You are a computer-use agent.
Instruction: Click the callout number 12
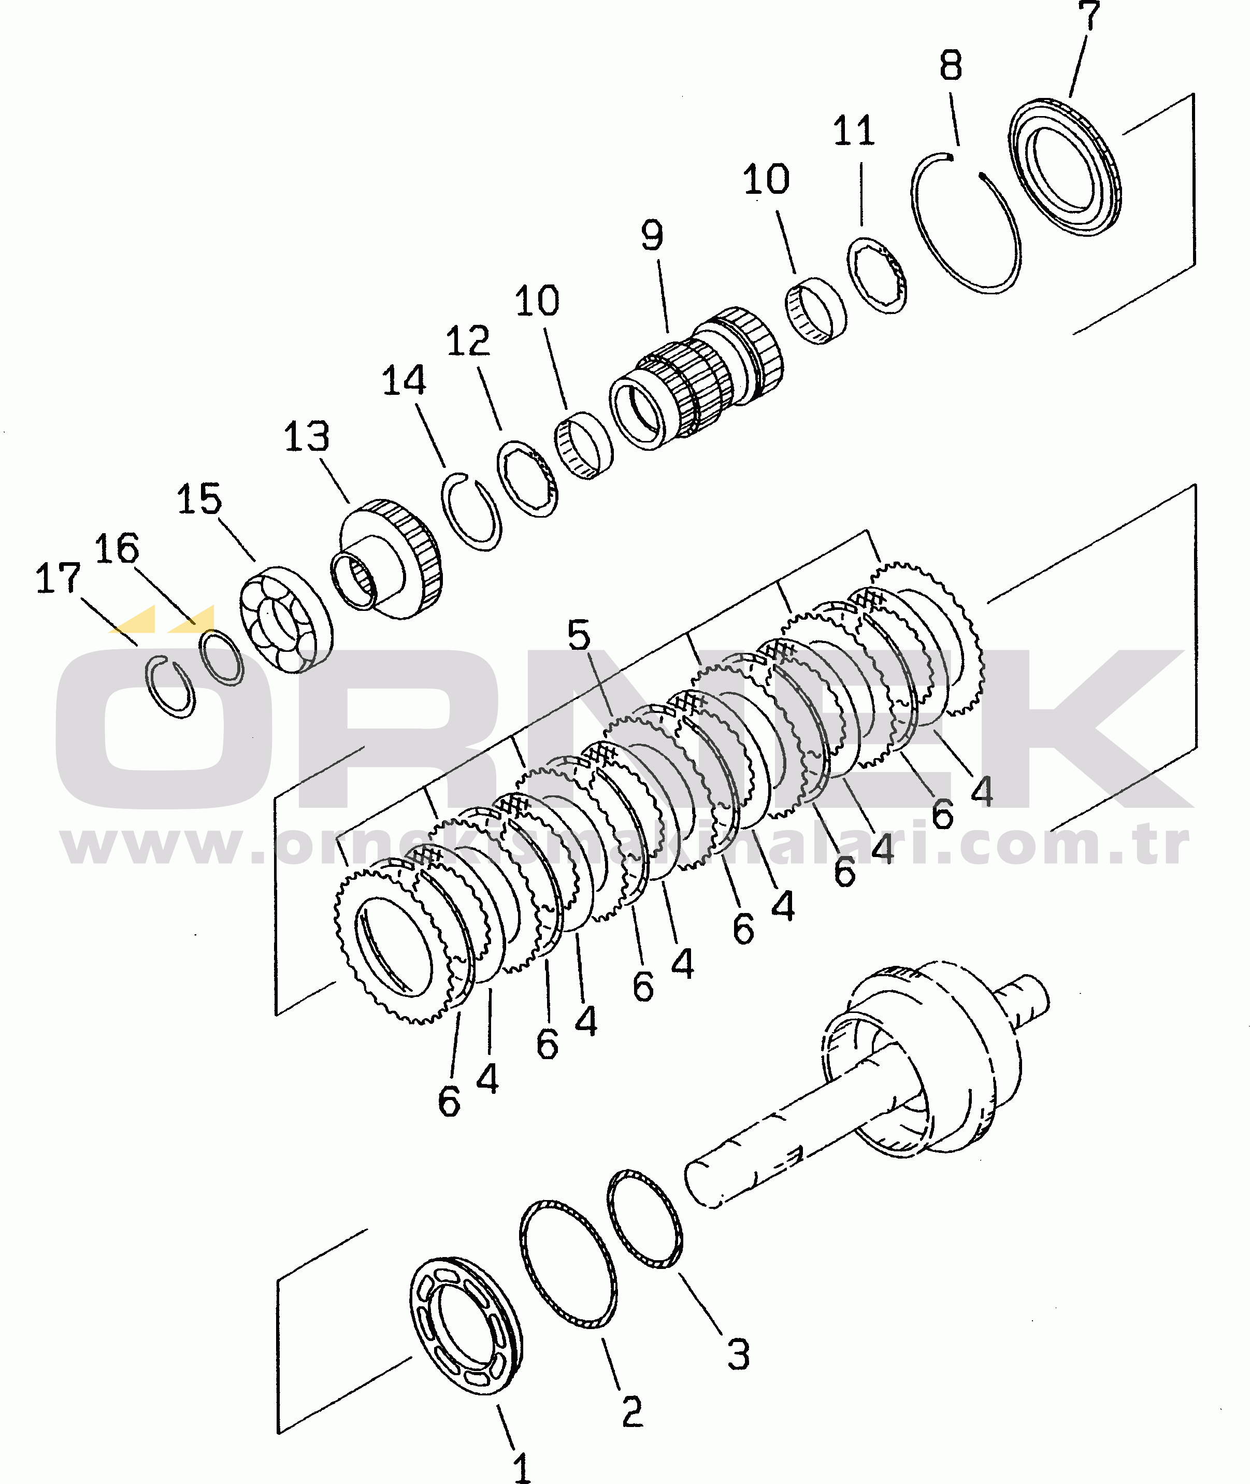point(468,341)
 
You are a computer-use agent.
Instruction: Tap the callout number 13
point(307,437)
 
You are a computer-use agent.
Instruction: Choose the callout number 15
point(199,499)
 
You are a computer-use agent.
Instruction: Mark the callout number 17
point(58,578)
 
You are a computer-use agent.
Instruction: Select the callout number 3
point(738,1354)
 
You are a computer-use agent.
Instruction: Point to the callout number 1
point(522,1467)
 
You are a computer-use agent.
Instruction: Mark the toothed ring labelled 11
point(877,275)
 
